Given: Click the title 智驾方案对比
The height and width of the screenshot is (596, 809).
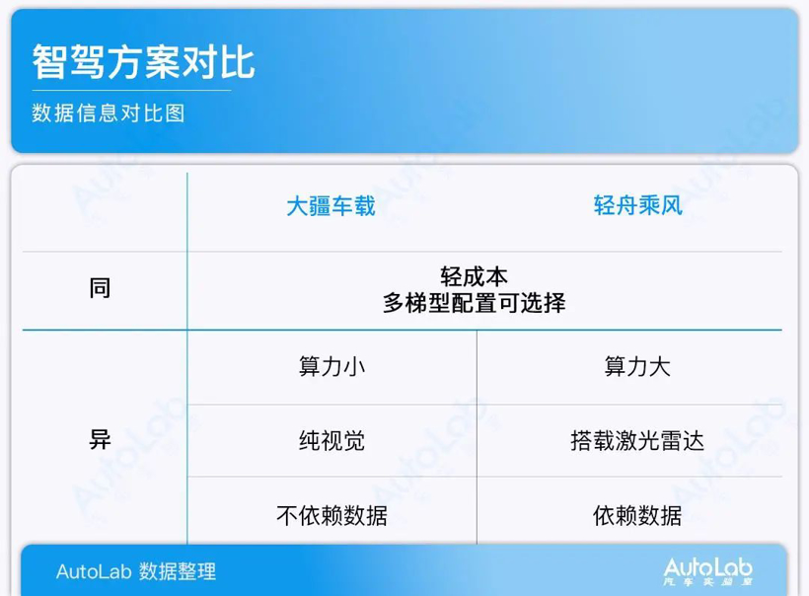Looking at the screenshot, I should point(143,61).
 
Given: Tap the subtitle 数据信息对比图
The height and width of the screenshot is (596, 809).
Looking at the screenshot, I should point(109,113).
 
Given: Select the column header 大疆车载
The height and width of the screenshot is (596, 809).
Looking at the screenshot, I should point(331,206).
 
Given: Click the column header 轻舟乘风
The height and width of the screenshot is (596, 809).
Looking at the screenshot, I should point(637,206).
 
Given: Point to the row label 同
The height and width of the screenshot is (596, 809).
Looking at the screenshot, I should point(100,289).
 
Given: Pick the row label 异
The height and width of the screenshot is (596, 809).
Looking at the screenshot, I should point(100,440).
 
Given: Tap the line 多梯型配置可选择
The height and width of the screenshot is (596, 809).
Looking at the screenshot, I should point(474,303).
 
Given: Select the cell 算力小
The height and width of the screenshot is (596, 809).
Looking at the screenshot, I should point(331,367).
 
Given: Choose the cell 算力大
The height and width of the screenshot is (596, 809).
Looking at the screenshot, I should point(637,367).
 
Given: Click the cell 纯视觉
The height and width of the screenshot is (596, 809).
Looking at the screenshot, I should point(331,440).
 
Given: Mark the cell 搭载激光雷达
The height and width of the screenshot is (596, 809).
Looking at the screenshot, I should point(637,440).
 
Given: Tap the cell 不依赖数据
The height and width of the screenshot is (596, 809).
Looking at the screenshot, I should point(331,515).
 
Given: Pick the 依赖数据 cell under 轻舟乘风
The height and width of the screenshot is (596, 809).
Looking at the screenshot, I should point(637,515).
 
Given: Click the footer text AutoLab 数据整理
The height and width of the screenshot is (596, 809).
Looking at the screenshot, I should point(135,571).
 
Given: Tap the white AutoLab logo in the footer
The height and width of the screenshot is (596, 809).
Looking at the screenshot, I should point(707,569).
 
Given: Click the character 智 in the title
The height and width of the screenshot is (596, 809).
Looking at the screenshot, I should point(48,61).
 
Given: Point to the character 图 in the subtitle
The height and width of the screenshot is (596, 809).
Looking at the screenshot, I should point(176,113).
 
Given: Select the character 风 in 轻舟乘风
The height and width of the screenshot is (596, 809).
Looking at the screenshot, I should point(672,206).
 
